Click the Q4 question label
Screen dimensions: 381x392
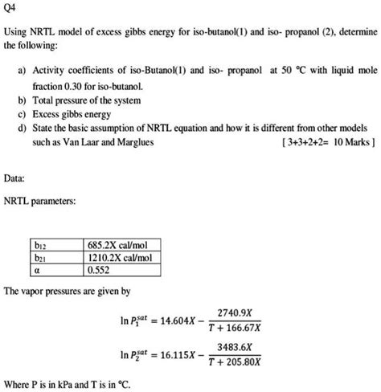point(12,10)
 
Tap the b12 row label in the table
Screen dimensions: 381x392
point(41,244)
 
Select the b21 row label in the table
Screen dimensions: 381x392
point(41,257)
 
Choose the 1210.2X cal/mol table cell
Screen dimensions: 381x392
point(121,257)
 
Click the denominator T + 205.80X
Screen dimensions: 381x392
point(240,365)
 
